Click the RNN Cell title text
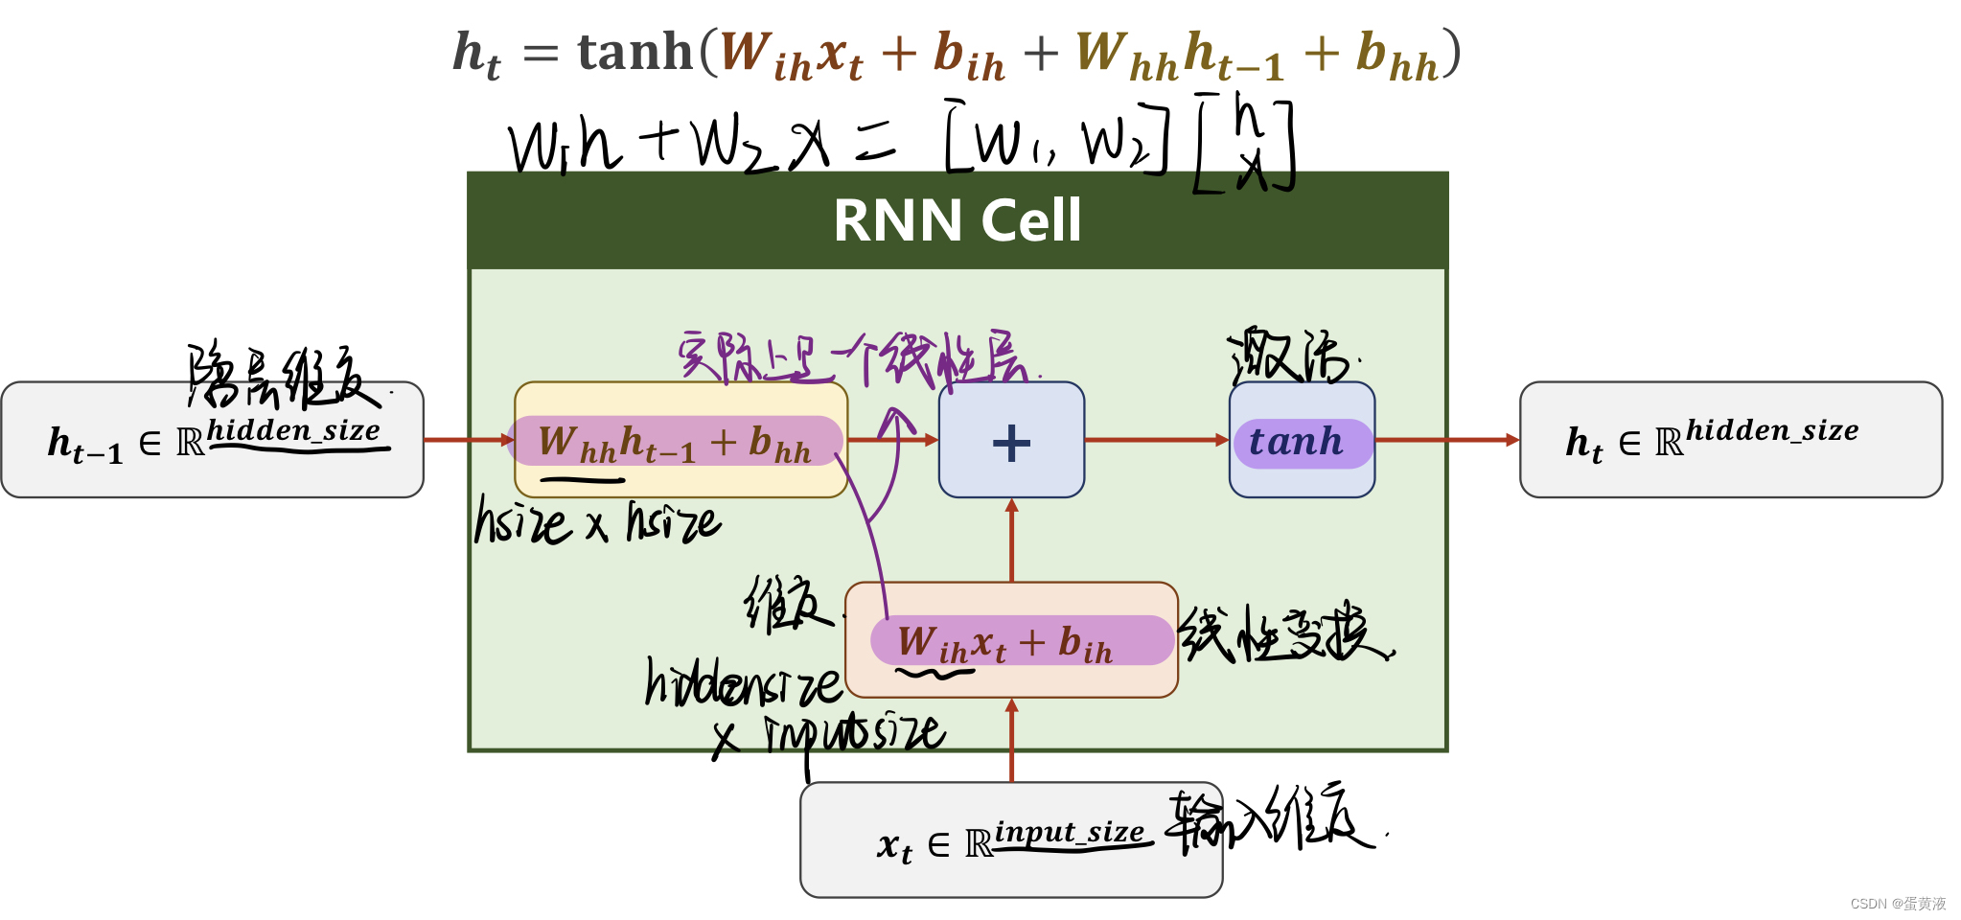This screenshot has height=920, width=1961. coord(957,220)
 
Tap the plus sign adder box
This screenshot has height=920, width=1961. coord(1011,441)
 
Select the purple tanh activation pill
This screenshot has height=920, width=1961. coord(1302,443)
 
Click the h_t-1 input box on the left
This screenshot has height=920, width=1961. coord(212,440)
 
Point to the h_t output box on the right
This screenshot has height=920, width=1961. coord(1730,440)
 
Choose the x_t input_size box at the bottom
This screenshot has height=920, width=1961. coord(1010,840)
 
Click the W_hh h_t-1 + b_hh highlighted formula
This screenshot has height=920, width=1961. coord(676,442)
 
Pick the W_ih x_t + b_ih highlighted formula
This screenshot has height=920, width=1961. coord(1020,641)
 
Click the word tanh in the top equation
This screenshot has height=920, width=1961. coord(634,52)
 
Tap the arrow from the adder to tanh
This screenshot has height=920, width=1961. coord(1156,440)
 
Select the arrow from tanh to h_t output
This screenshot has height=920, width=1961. coord(1447,440)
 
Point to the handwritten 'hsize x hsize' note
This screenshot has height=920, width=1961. coord(596,522)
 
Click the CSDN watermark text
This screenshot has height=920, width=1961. coord(1898,904)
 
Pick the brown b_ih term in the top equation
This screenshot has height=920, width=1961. coord(968,56)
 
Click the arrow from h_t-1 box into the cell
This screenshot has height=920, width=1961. coord(469,440)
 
